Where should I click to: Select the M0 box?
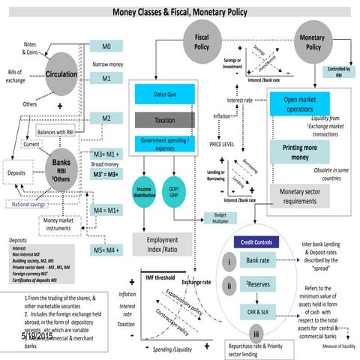tap(106, 46)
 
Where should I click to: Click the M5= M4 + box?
tap(106, 249)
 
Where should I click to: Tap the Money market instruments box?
tap(61, 224)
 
